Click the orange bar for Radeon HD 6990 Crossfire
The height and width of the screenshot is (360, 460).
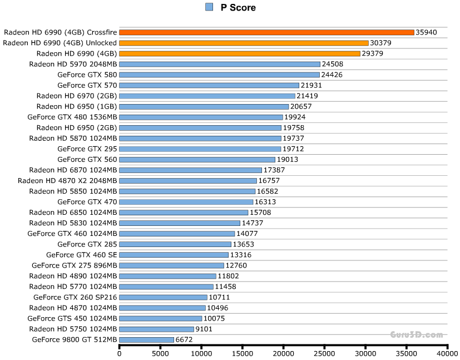[266, 32]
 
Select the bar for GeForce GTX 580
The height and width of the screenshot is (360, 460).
[220, 75]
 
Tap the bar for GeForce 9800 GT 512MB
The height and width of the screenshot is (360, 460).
[147, 339]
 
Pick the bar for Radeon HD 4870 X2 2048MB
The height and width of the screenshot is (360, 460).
[188, 181]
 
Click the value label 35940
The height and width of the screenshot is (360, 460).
[427, 32]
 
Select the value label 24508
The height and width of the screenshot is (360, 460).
[333, 64]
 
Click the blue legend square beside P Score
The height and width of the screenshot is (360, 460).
[209, 7]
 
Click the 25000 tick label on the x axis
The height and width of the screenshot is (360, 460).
[324, 352]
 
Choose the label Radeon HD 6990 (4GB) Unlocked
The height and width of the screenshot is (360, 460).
[60, 43]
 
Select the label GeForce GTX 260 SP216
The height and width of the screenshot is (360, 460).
[75, 297]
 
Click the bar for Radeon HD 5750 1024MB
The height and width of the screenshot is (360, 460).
[157, 329]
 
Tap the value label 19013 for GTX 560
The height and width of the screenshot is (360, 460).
[288, 160]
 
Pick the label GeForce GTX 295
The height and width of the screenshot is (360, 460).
[87, 149]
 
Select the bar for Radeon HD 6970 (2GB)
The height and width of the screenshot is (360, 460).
[207, 96]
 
